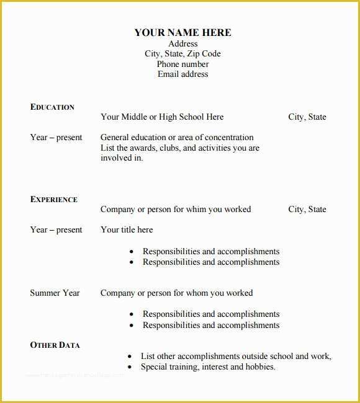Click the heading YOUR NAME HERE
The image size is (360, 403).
[x=182, y=33]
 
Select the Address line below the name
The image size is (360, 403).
[x=182, y=44]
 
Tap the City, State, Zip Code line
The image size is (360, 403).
[x=182, y=54]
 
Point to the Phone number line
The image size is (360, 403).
[x=182, y=64]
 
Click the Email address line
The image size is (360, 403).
[x=182, y=74]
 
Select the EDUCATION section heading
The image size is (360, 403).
[x=52, y=107]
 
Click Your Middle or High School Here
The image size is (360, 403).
[x=162, y=117]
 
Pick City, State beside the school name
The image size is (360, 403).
[x=307, y=117]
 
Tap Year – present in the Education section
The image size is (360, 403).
[x=56, y=138]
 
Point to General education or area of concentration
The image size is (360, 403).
[x=177, y=138]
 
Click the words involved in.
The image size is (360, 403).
[x=122, y=158]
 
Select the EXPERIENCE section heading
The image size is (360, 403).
[x=54, y=200]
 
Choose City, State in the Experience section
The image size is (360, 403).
[x=307, y=210]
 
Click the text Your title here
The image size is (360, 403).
[x=127, y=230]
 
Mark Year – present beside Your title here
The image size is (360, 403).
[x=56, y=230]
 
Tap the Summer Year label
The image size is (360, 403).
[x=55, y=293]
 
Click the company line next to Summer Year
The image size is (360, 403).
[x=176, y=293]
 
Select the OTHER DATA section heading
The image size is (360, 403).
[x=55, y=345]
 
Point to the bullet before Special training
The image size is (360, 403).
[x=129, y=367]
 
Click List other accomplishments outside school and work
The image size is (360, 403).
[x=236, y=356]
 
